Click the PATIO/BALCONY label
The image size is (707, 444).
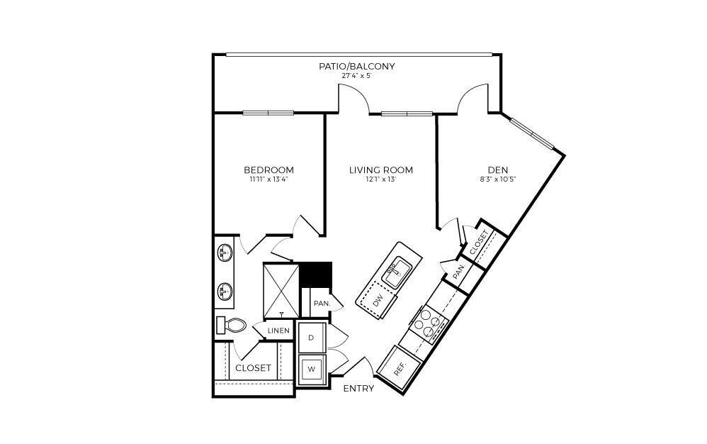pos(356,66)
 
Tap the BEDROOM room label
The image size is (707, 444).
pos(268,170)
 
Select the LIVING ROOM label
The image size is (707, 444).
pos(380,170)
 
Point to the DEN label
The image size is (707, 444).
pos(496,170)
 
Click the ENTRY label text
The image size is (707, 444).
pos(358,389)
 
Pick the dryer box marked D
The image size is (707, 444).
pos(311,338)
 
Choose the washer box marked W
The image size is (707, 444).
pos(311,369)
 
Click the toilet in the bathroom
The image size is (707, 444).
pos(232,326)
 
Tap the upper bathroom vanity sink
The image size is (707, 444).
pos(225,252)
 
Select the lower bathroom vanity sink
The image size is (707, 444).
pos(225,291)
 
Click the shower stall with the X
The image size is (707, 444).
pos(282,289)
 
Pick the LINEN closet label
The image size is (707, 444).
pos(279,331)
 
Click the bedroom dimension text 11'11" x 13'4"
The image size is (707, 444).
pos(268,180)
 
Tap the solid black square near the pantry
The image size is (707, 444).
pos(316,274)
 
